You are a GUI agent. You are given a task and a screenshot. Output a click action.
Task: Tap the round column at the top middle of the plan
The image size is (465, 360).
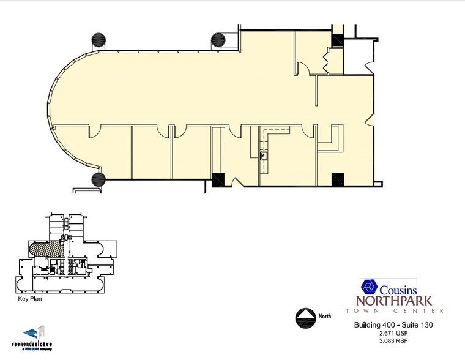(218, 41)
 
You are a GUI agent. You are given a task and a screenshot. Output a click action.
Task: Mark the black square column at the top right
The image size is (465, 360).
(337, 39)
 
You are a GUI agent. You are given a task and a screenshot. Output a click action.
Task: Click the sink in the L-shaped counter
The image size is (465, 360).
(264, 156)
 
